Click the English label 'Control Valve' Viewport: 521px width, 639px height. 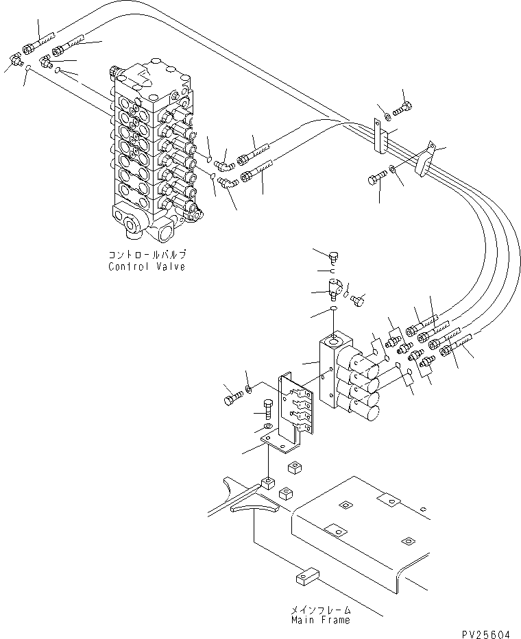146,266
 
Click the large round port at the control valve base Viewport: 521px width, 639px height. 130,223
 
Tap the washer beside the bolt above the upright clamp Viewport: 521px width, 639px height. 388,113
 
